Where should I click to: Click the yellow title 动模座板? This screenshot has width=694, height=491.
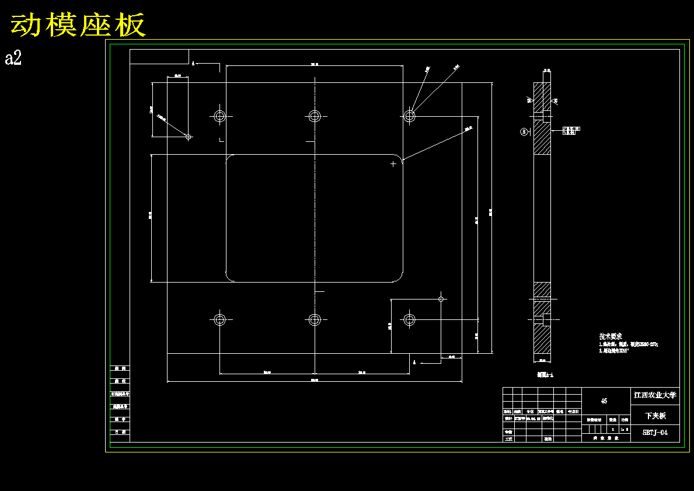(x=78, y=26)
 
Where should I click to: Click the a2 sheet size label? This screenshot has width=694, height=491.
(x=13, y=58)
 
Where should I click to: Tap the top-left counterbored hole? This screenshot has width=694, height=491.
(x=219, y=116)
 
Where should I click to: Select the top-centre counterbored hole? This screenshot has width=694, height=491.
(x=315, y=116)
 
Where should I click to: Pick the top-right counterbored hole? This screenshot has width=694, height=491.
(x=409, y=116)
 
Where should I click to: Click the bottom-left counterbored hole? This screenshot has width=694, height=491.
(x=219, y=319)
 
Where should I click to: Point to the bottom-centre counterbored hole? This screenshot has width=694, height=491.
(x=315, y=319)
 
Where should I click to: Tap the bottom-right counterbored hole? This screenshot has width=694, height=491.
(x=409, y=319)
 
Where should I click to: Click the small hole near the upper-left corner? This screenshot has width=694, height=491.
(x=188, y=137)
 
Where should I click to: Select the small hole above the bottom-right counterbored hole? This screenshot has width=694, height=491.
(x=441, y=299)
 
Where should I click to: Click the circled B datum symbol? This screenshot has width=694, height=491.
(x=524, y=132)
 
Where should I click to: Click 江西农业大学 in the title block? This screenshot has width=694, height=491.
(x=655, y=395)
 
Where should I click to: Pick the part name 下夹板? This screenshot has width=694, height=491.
(x=655, y=416)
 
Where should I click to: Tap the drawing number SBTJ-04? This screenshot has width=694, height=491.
(x=655, y=433)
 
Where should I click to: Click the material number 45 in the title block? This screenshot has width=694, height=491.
(x=604, y=401)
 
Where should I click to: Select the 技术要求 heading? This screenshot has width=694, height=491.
(x=610, y=337)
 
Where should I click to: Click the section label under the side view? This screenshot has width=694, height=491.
(x=545, y=375)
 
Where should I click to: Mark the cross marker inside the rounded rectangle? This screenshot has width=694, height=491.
(x=393, y=164)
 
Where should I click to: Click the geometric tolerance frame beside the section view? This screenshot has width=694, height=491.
(x=571, y=130)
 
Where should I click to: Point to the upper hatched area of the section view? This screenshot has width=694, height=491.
(x=542, y=138)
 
